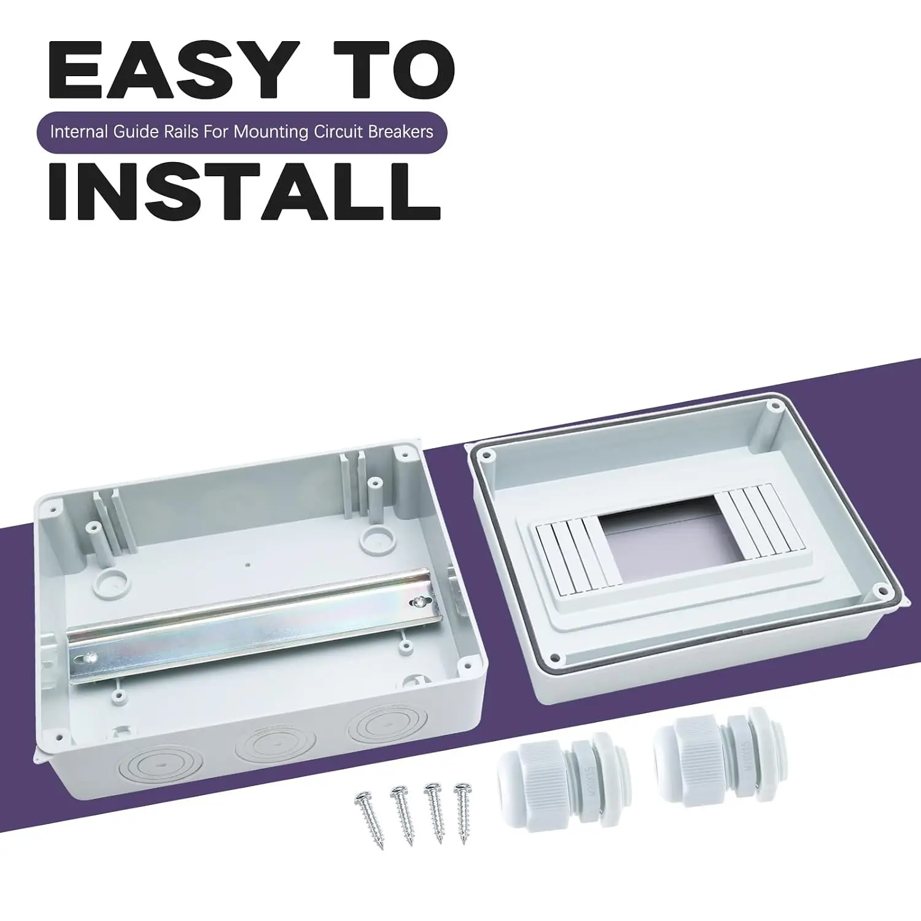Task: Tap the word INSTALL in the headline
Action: pos(244,190)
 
